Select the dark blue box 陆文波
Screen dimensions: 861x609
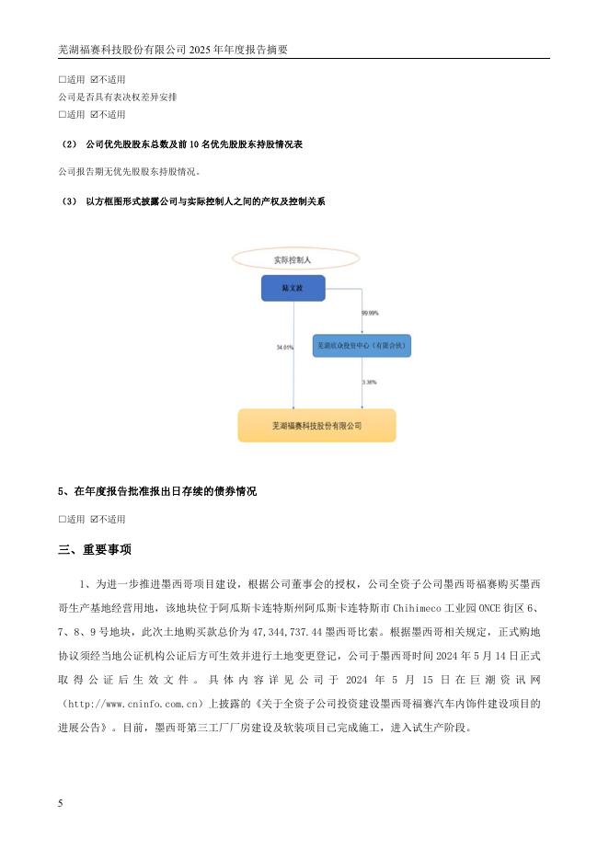(x=293, y=289)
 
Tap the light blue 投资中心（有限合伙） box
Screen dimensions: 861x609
(x=362, y=346)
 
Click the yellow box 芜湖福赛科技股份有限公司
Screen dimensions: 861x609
(x=316, y=426)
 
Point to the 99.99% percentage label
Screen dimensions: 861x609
(x=371, y=314)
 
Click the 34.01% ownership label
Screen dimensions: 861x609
(x=284, y=348)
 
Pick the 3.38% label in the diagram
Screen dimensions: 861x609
(x=369, y=381)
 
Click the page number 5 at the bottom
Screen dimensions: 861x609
(x=61, y=803)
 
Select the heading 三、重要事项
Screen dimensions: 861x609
(x=95, y=550)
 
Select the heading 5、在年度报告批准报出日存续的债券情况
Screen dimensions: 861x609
(x=157, y=492)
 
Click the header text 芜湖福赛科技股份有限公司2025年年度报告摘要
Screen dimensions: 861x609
(x=173, y=51)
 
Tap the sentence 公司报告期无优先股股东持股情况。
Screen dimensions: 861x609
(x=129, y=171)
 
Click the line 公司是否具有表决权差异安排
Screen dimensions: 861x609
(x=117, y=97)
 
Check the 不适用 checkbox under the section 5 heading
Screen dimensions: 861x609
(x=94, y=519)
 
